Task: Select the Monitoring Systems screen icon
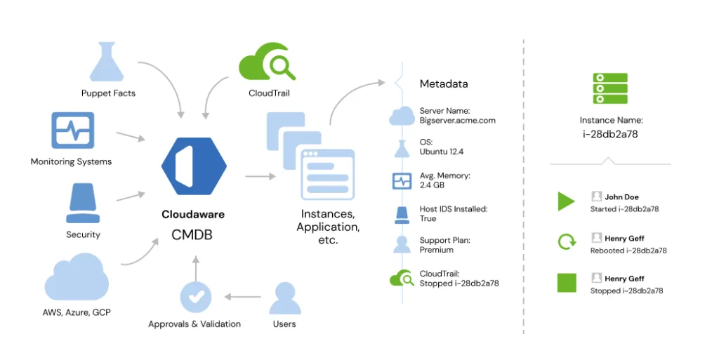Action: point(72,131)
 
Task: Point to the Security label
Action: point(83,234)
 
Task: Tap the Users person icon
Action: point(284,297)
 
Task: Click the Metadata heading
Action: point(443,84)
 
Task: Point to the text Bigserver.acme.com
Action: point(457,120)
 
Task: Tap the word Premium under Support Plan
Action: point(436,250)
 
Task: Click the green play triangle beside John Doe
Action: point(566,202)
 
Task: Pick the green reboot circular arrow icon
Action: point(566,243)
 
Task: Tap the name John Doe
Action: point(621,197)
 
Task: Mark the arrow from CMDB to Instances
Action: point(259,176)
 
